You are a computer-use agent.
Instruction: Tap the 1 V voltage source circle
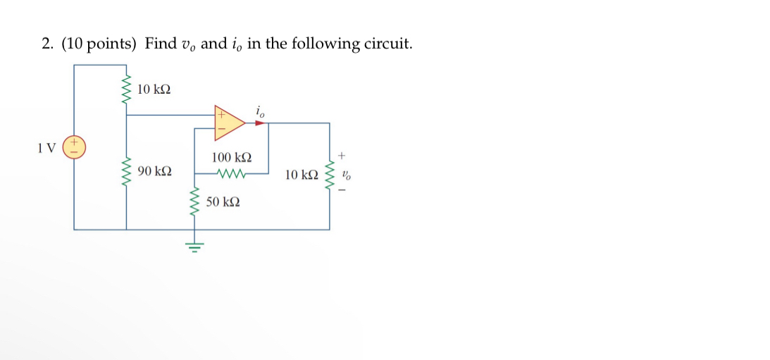tap(74, 148)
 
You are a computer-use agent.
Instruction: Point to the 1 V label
tap(46, 148)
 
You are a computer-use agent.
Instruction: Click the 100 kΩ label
tap(231, 158)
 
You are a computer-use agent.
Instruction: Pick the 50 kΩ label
tap(223, 202)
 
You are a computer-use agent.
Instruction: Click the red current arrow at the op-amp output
tap(261, 123)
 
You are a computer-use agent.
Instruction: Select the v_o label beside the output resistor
tap(345, 174)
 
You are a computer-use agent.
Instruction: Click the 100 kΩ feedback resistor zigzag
tap(231, 173)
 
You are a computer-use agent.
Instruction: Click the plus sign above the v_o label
tap(344, 154)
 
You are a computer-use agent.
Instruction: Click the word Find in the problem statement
tap(161, 44)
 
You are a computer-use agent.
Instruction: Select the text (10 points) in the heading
tap(99, 44)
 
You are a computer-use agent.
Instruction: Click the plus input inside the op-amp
tap(221, 113)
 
